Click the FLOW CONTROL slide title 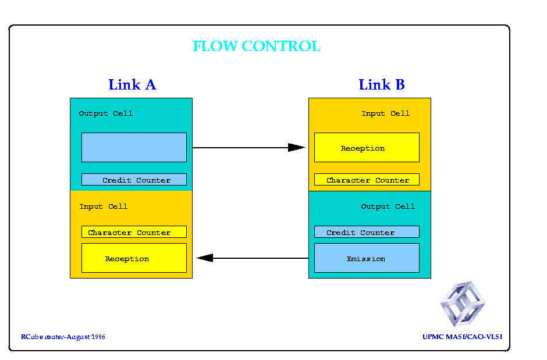click(257, 47)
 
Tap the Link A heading click(132, 85)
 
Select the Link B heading click(382, 85)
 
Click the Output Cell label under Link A click(106, 113)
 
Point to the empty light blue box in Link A click(134, 147)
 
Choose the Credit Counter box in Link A click(134, 180)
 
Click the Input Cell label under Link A click(103, 206)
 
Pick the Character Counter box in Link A click(134, 231)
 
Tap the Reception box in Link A click(134, 258)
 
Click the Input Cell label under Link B click(385, 113)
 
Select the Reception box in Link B click(367, 147)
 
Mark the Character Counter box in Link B click(367, 180)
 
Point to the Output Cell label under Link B click(388, 206)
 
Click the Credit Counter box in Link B click(367, 231)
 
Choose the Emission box click(367, 258)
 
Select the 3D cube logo click(463, 304)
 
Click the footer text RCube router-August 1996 click(63, 337)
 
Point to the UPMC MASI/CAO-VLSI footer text click(463, 337)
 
